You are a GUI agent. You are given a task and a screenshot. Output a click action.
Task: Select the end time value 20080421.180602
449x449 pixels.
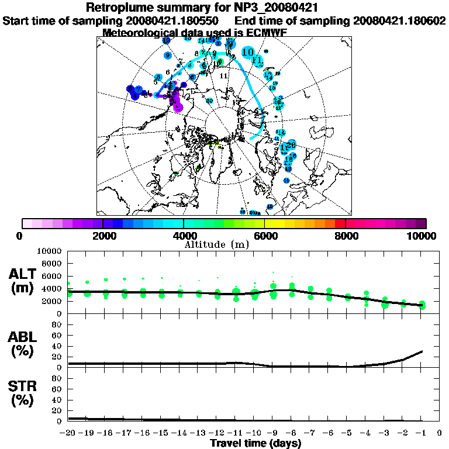(399, 20)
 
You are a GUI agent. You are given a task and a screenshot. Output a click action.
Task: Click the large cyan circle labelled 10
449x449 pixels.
(248, 51)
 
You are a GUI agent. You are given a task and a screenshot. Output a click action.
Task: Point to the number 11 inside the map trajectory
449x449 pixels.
(223, 76)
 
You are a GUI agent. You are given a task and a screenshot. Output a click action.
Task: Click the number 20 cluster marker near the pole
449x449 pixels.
(209, 101)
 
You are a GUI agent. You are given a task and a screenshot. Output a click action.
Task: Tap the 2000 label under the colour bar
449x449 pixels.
(103, 236)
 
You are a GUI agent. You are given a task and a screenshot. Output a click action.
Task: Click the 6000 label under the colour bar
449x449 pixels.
(264, 236)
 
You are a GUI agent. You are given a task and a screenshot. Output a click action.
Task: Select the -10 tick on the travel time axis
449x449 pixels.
(253, 433)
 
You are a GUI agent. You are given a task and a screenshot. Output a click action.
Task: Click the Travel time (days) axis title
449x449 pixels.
(255, 443)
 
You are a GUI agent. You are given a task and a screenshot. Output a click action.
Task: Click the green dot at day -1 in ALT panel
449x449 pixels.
(422, 305)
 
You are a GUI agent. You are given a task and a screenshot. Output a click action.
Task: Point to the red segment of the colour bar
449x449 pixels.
(340, 223)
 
